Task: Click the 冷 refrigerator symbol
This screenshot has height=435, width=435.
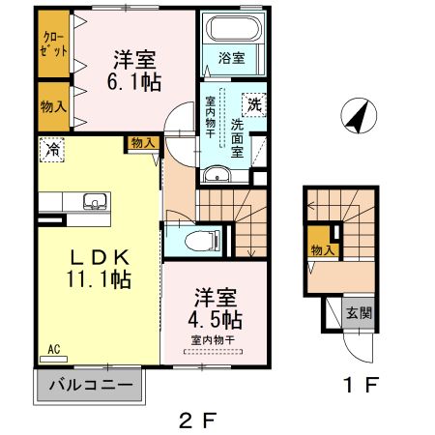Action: [x=51, y=150]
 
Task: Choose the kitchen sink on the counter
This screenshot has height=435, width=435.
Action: [x=94, y=201]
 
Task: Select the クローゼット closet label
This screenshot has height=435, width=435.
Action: [x=53, y=45]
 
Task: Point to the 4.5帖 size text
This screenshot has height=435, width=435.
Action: [x=216, y=318]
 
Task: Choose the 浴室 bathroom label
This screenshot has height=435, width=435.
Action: [x=230, y=58]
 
